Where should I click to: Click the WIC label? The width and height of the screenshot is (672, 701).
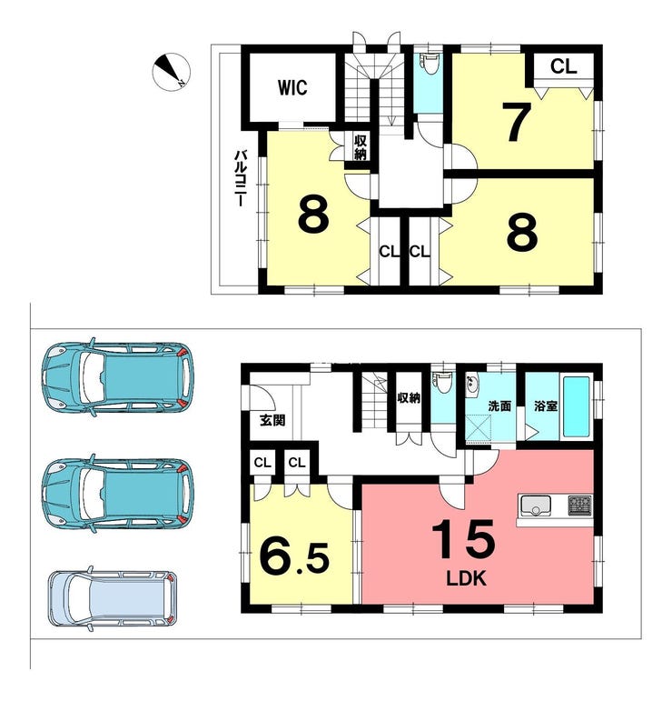293,87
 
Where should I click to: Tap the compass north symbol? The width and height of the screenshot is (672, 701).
172,72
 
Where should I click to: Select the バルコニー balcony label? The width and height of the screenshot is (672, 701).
241,178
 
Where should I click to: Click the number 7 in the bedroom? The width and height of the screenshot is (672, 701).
517,122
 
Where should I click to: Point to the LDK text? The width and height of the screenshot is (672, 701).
467,578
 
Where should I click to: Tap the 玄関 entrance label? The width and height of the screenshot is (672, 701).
272,420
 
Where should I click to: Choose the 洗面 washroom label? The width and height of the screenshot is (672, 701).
499,406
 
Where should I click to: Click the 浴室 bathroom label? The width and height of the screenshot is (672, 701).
546,406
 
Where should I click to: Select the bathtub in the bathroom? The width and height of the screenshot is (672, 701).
576,406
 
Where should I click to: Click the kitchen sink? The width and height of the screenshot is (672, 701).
536,506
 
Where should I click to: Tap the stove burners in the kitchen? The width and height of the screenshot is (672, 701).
579,506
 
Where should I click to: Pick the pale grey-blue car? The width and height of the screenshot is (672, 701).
112,598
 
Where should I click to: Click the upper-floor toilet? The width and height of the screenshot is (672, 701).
430,65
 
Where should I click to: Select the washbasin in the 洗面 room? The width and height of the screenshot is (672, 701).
472,384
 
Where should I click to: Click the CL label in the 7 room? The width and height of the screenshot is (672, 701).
563,66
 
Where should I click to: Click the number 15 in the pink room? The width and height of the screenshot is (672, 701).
463,539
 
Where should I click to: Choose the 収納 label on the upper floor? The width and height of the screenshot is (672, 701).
360,147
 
